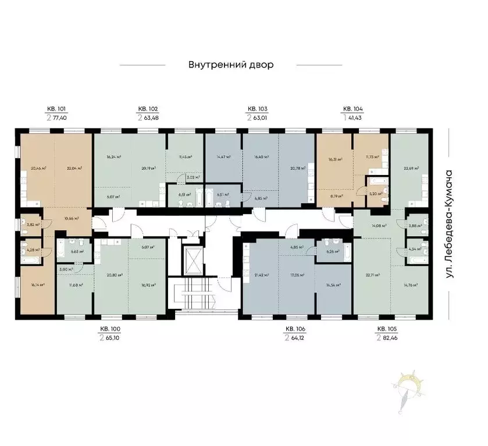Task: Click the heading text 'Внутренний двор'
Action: pos(230,65)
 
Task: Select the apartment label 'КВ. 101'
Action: pos(56,109)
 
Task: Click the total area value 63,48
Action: pos(154,117)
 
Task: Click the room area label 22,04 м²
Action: pos(73,169)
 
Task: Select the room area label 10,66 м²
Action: pos(70,219)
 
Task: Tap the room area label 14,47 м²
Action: pos(223,157)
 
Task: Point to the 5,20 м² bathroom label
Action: pos(376,194)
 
